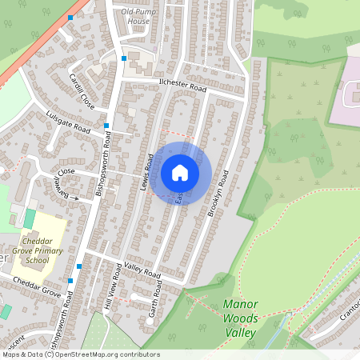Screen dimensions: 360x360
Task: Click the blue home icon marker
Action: tap(179, 173)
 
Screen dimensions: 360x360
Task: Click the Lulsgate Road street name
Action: tap(68, 122)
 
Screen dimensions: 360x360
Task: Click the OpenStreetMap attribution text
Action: tap(80, 354)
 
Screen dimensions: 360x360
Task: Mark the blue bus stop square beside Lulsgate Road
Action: tap(106, 126)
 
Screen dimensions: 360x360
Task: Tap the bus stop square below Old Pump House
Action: tap(124, 58)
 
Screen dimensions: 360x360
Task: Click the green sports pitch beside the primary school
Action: tap(30, 218)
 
